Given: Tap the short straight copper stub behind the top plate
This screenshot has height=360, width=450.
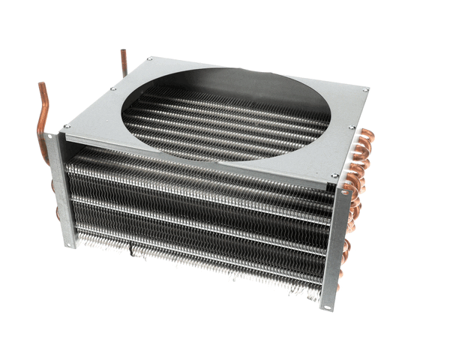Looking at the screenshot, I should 124,63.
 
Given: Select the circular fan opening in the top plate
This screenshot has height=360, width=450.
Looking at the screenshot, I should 225,112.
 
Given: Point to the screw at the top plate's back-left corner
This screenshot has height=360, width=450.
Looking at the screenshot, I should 150,58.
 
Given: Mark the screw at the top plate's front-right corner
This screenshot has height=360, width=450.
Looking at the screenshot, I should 335,177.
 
